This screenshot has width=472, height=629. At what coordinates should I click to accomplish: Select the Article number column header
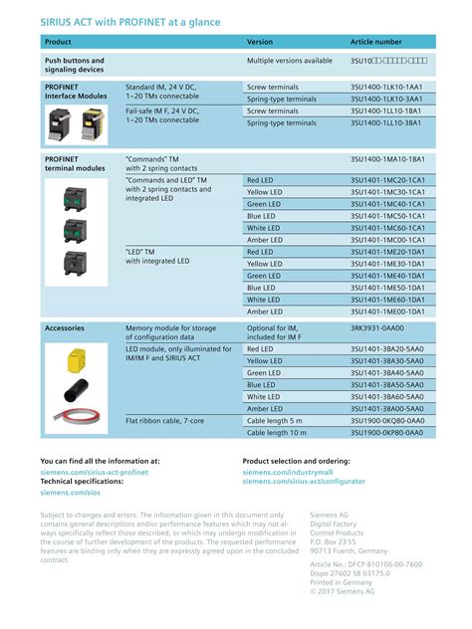(375, 42)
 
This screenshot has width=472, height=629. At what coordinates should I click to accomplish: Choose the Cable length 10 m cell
(276, 433)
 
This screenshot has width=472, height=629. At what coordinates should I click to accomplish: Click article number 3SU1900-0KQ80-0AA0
(387, 421)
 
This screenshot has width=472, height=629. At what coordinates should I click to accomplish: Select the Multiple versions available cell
(289, 61)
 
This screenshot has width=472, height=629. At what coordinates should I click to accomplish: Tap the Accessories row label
(65, 327)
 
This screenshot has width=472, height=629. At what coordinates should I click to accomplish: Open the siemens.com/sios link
(70, 492)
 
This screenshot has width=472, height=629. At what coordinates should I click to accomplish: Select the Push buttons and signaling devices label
(75, 66)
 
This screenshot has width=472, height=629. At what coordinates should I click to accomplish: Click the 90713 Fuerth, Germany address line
(349, 550)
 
